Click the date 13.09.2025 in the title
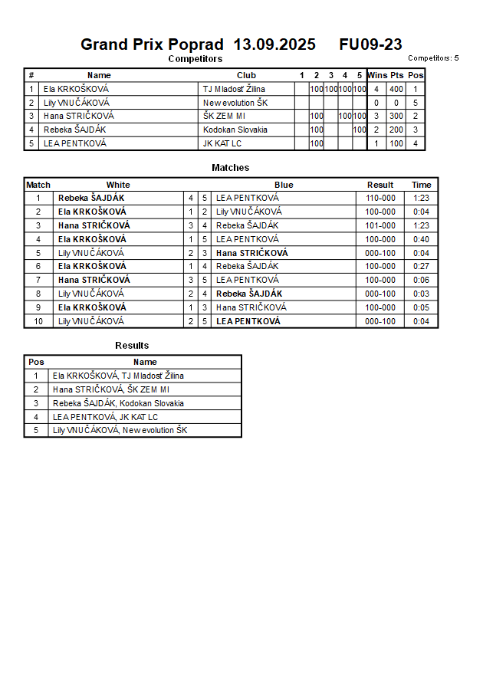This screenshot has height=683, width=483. [x=274, y=44]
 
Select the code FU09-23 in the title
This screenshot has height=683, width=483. [x=370, y=44]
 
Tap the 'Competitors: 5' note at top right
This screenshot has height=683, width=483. [x=433, y=58]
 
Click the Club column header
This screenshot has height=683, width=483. [x=246, y=75]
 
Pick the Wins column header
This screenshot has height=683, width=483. [x=377, y=75]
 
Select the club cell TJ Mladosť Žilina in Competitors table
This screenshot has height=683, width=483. [x=234, y=89]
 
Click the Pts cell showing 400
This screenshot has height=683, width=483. [x=396, y=89]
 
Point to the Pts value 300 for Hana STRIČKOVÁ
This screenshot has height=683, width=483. [x=396, y=117]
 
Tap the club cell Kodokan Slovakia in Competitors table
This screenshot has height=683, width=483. [x=235, y=130]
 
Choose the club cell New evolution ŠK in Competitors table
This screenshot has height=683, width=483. [x=235, y=103]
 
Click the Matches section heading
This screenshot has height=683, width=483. [x=230, y=168]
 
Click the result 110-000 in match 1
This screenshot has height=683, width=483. [x=380, y=198]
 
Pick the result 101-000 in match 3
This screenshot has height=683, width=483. [x=380, y=225]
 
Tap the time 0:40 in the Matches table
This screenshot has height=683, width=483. [x=421, y=239]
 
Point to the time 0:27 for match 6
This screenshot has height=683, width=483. [x=421, y=266]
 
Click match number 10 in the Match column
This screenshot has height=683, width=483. [x=38, y=321]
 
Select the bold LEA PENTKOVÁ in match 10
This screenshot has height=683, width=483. [x=248, y=321]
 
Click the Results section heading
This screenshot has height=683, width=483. [x=132, y=346]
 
